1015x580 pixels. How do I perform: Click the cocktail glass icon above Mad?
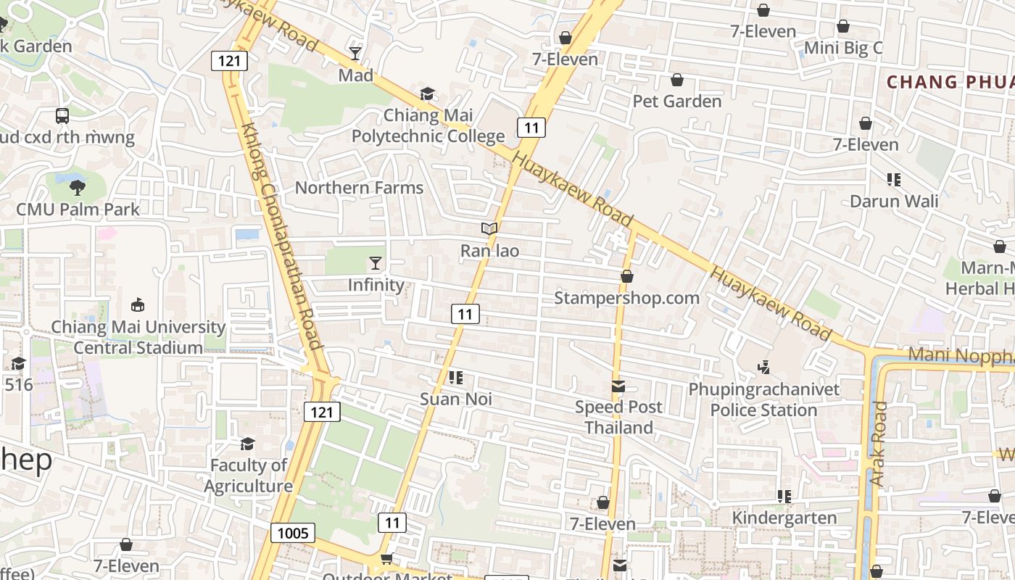tap(355, 53)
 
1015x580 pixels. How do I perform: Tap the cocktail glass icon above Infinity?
tap(376, 262)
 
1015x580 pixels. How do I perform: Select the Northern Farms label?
tap(359, 188)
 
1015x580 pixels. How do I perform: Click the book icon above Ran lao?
tap(489, 229)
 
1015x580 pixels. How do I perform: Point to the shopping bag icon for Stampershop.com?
tap(627, 276)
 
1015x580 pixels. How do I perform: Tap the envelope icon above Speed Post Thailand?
tap(618, 386)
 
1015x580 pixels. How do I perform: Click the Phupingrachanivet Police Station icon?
tap(763, 368)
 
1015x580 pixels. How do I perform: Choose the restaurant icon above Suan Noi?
tap(456, 378)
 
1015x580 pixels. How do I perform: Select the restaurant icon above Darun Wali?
tap(893, 179)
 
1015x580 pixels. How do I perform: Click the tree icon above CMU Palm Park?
tap(78, 188)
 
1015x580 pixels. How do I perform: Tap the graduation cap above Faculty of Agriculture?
tap(248, 443)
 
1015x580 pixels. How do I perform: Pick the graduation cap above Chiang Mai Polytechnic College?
tap(428, 94)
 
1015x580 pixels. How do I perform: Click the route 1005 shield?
tap(294, 534)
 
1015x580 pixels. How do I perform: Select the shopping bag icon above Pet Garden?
tap(677, 79)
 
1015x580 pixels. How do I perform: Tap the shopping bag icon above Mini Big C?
tap(843, 27)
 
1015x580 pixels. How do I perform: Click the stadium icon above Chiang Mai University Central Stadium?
tap(138, 305)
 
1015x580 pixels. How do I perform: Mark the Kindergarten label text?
tap(784, 518)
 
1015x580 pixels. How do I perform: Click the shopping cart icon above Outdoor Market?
tap(386, 558)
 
